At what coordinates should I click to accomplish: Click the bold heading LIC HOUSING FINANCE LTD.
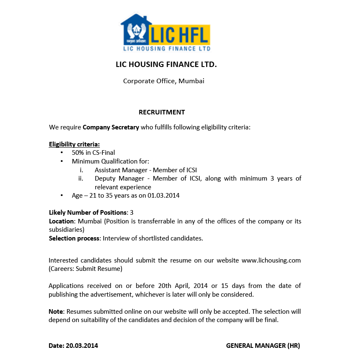(166, 65)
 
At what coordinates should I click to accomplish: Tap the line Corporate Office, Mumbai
(164, 81)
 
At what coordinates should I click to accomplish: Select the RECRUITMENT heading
(161, 112)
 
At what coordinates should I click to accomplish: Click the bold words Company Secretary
(111, 127)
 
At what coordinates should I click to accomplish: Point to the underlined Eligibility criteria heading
(74, 144)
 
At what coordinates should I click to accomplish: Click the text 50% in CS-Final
(93, 153)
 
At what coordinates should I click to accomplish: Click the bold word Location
(61, 221)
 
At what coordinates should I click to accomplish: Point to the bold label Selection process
(74, 238)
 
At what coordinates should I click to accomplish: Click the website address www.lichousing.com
(271, 260)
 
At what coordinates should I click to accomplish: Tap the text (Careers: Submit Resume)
(85, 269)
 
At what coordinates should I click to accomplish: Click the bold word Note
(56, 311)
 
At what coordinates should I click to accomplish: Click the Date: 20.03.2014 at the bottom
(73, 345)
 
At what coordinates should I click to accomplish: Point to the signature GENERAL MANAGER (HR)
(263, 345)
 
